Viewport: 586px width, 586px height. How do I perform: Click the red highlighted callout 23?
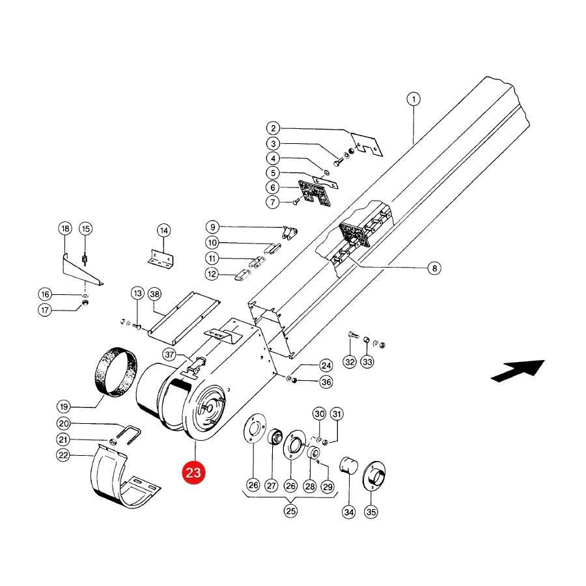point(193,473)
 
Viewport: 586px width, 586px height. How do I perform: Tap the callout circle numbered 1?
point(413,99)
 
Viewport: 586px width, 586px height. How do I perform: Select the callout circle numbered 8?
point(434,268)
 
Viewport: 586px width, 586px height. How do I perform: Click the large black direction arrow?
point(518,370)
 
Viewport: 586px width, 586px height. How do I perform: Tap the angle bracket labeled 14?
point(161,258)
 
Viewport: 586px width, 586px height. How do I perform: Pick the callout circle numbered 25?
point(290,510)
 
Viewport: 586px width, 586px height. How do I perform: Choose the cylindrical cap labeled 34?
point(348,466)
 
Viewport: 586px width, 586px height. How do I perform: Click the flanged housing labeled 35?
point(374,475)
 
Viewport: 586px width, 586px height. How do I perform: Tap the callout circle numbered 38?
point(154,294)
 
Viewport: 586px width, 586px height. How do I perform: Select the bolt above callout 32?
point(353,335)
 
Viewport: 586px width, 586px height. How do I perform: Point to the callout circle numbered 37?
point(170,354)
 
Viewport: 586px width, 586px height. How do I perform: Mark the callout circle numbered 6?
point(273,188)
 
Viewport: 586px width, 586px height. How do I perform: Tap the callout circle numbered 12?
point(212,274)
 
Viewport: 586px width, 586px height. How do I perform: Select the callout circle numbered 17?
point(45,310)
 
